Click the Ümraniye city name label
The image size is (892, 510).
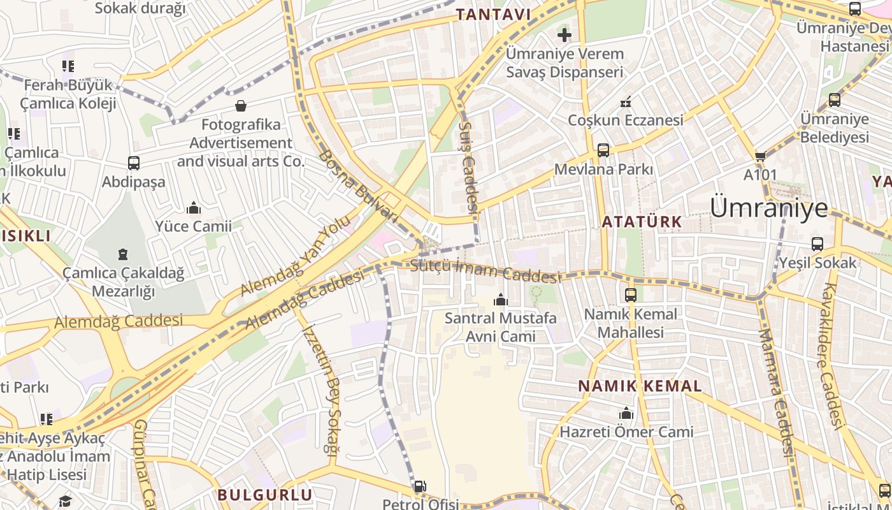coord(769,208)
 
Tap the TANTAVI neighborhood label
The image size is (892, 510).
coord(494,14)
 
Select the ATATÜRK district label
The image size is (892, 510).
coord(642,222)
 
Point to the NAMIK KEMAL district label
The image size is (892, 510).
coord(640,386)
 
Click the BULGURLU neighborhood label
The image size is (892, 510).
coord(265,495)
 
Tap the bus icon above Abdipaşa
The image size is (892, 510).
coord(134,163)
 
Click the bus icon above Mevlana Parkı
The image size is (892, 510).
coord(603,150)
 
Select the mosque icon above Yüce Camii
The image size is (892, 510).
coord(193,208)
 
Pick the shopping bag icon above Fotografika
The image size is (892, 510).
coord(241,105)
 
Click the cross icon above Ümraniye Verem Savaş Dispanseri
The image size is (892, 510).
coord(565,34)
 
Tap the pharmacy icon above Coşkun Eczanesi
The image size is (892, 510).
coord(626,101)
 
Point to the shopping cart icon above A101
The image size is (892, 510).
coord(760,156)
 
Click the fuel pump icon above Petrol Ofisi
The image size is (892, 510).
coord(420,487)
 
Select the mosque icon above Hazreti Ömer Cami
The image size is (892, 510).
coord(626,414)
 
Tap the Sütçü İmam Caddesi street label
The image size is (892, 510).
coord(486,270)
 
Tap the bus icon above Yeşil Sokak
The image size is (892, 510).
coord(817,244)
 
